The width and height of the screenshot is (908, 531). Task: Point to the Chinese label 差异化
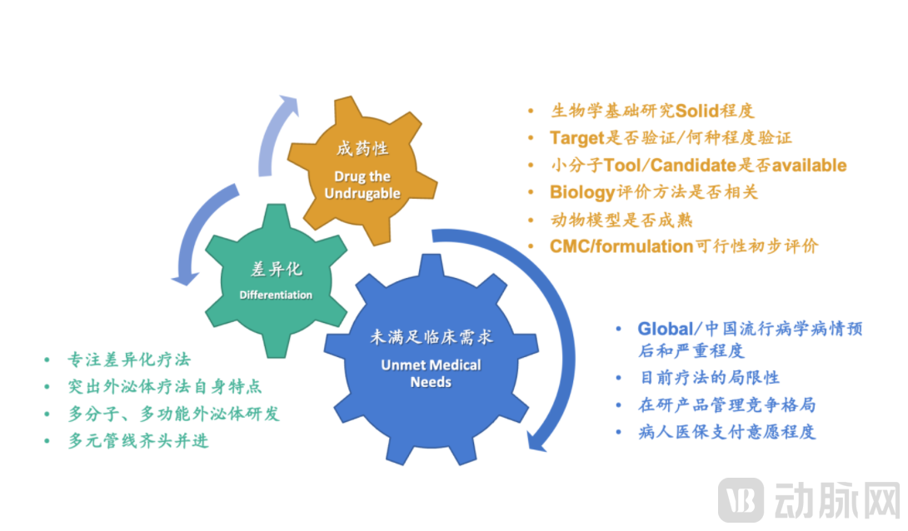coord(276,270)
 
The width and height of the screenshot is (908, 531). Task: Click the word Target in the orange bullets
coord(576,138)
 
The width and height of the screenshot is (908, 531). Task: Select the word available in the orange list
coord(809,166)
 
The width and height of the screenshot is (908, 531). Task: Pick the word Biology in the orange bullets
coord(581,192)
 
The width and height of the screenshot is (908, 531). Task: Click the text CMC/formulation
coord(621,246)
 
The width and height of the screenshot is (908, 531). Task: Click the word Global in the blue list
coord(665,328)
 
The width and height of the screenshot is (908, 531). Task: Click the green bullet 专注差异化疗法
coord(129,360)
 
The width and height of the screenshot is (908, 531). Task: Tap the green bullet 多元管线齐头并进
coord(138,441)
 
